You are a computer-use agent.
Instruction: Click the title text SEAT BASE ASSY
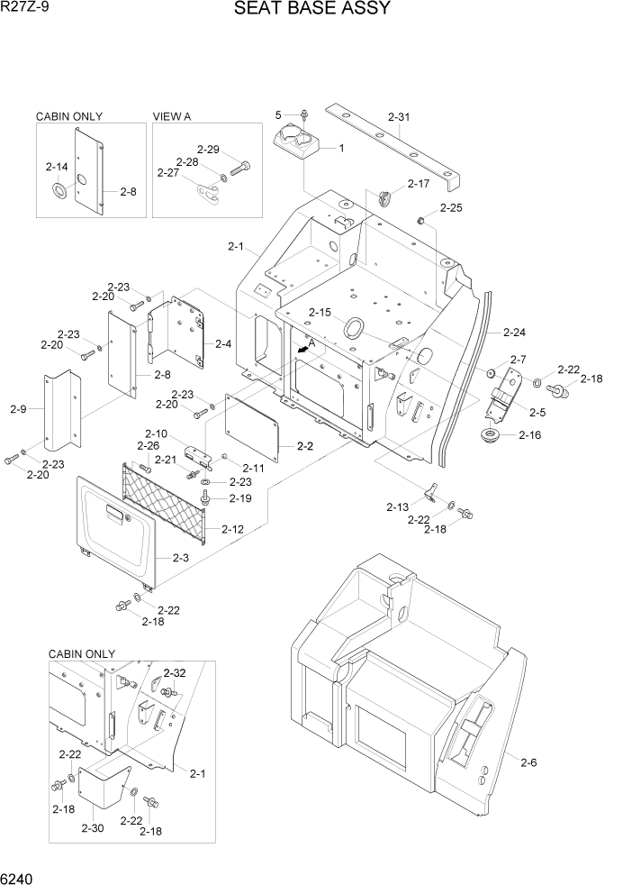click(x=312, y=10)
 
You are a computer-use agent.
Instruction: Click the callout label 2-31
click(x=398, y=116)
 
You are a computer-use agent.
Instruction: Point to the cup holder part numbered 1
click(x=295, y=144)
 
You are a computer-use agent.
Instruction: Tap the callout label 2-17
click(x=419, y=184)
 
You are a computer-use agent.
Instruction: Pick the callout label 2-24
click(x=514, y=331)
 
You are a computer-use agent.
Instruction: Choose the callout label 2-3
click(x=179, y=559)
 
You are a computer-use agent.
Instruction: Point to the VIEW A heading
click(x=172, y=116)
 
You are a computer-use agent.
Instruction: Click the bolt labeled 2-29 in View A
click(x=242, y=167)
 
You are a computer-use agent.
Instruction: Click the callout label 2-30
click(x=92, y=827)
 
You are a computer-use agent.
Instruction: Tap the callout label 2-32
click(x=175, y=673)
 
